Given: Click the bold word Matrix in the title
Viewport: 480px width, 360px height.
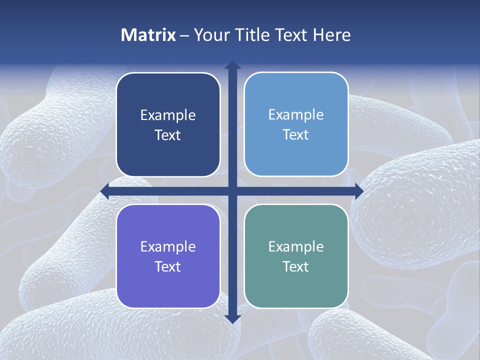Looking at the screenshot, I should tap(148, 35).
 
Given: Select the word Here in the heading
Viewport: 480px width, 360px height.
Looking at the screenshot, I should tap(332, 35).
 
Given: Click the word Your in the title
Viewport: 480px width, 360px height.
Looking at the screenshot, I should tap(212, 35).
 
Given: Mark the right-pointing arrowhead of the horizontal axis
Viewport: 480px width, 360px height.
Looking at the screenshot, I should tap(358, 191).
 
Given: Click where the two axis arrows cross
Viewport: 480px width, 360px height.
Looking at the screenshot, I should tap(232, 191).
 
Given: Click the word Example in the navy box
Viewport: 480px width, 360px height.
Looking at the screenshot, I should tap(168, 115).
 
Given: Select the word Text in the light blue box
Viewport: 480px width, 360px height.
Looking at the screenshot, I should tap(296, 135).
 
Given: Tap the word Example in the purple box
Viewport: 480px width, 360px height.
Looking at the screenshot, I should tap(168, 247).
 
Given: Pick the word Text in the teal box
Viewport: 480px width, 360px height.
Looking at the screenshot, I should tap(296, 266).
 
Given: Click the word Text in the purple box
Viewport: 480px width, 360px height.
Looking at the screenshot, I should tap(168, 266).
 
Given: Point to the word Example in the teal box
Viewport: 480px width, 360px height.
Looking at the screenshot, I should tap(296, 247).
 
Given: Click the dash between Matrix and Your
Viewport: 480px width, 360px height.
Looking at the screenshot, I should tap(184, 35).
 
